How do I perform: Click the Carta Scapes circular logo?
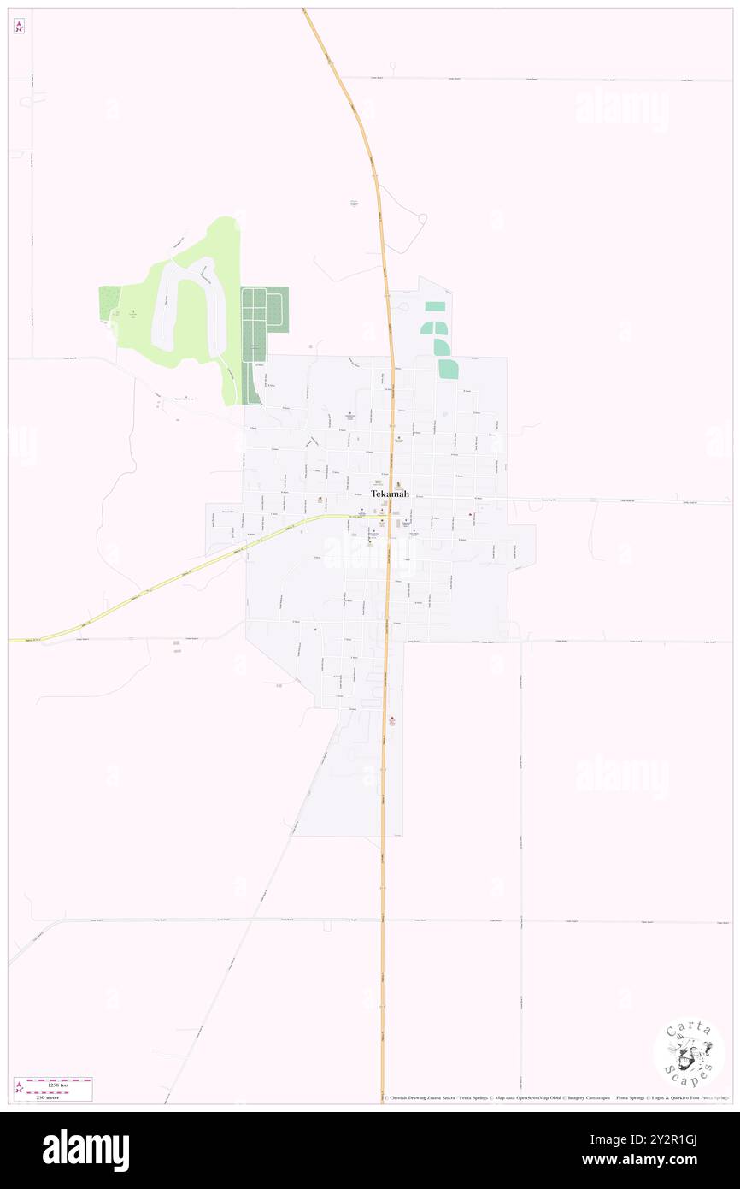tap(689, 1052)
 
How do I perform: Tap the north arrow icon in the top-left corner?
tap(19, 27)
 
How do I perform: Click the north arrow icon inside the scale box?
tap(20, 1088)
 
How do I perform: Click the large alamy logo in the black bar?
tap(85, 1151)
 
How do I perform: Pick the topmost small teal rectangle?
tap(435, 306)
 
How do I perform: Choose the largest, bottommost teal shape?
tap(448, 369)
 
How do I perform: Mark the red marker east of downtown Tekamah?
tap(470, 514)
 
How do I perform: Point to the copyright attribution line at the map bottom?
tap(555, 1098)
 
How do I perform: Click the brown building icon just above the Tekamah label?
tap(396, 484)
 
